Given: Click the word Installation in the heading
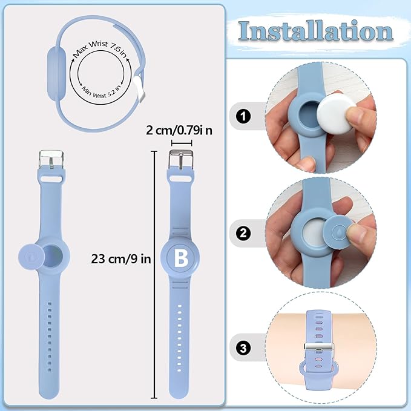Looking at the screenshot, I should click(315, 31).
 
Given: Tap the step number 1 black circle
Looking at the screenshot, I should click(243, 116).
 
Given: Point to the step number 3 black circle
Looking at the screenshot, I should click(243, 348).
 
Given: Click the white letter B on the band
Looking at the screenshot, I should click(180, 258).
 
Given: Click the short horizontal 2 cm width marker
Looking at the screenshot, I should click(181, 143).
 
